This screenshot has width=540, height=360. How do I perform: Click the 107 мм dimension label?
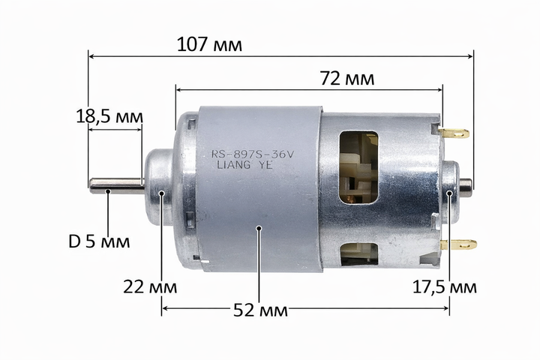[x=209, y=44]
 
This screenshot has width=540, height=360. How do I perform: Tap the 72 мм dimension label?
[x=347, y=78]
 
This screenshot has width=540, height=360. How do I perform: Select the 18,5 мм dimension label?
[x=109, y=116]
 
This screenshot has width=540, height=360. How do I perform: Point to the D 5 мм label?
[x=99, y=241]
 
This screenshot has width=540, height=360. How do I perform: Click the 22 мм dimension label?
[x=150, y=286]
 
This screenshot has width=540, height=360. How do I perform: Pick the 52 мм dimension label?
[x=260, y=310]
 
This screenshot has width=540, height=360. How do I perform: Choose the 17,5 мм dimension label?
[x=445, y=287]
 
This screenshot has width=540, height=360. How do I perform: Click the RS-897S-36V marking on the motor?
[x=253, y=154]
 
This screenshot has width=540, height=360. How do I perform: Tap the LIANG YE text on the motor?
[x=244, y=165]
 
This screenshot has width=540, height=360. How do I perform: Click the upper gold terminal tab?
[x=454, y=133]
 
